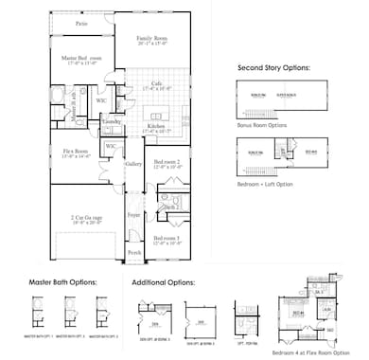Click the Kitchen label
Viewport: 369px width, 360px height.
coord(158,125)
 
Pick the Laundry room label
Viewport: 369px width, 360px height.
coord(111,122)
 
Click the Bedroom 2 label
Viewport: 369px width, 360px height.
coord(168,162)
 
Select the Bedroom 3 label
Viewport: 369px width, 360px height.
coord(168,239)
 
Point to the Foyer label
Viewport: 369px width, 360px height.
coord(134,215)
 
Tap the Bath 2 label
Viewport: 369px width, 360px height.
coord(170,206)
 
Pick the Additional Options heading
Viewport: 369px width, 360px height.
coord(165,281)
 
